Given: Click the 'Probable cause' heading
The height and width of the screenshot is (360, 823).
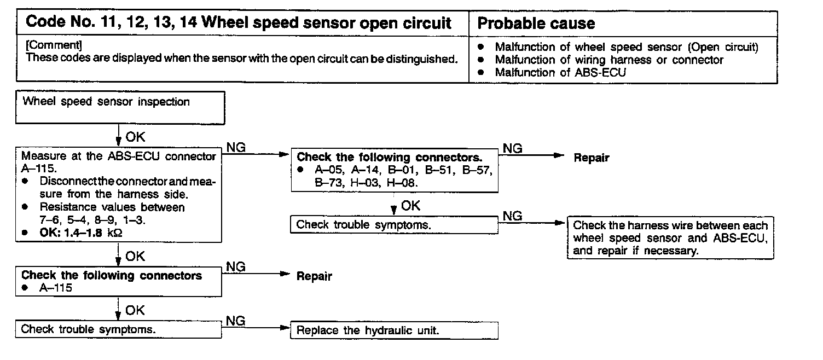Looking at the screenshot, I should (x=536, y=23).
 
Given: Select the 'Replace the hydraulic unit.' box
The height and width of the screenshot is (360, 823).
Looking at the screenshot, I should (x=395, y=330).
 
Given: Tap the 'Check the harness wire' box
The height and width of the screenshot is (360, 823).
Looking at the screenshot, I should (x=670, y=238).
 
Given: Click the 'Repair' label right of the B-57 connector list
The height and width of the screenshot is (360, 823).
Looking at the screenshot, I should (x=591, y=158).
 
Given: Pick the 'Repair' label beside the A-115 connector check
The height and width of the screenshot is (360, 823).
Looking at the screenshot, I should (x=314, y=276).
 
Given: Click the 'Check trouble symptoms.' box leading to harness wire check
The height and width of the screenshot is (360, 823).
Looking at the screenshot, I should (x=394, y=224).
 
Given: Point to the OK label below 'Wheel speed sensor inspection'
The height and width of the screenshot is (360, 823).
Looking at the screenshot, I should (x=135, y=137).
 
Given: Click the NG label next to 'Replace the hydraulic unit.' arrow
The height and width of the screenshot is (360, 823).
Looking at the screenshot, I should (x=235, y=321).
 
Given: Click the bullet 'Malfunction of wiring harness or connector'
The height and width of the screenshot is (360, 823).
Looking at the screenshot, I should (x=609, y=60).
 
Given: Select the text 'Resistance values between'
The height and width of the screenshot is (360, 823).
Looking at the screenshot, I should (x=112, y=207).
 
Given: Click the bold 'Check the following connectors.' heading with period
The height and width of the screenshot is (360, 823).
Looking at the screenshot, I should (x=389, y=158).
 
